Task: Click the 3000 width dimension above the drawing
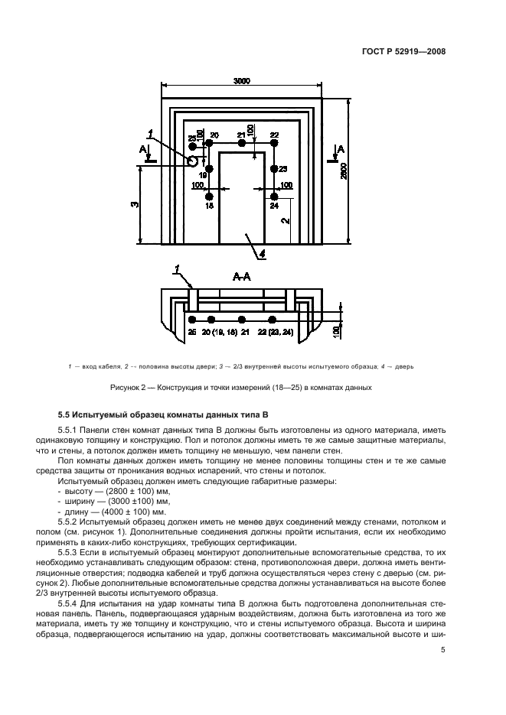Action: point(242,81)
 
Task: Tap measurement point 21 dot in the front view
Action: point(241,143)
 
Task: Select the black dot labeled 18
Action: point(209,197)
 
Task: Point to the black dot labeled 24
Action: point(274,197)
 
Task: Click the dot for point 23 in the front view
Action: point(274,169)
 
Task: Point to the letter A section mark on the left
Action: point(142,148)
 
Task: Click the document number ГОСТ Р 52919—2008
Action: point(403,53)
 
